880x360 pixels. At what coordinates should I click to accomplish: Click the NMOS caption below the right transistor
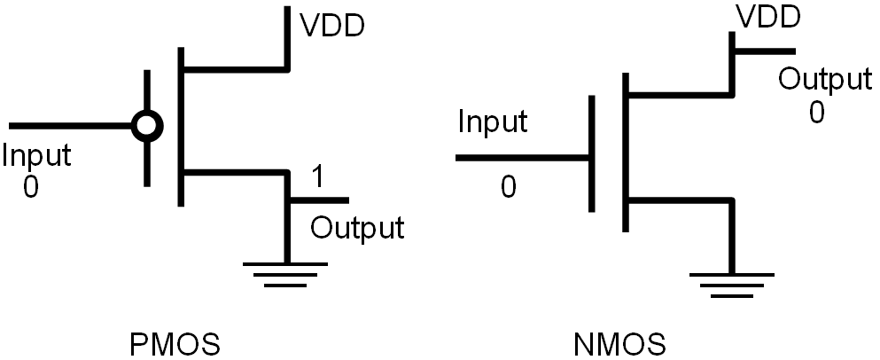pos(619,342)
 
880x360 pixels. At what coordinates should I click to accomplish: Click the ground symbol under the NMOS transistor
pos(730,281)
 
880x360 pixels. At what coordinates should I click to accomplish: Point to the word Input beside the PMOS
pos(36,157)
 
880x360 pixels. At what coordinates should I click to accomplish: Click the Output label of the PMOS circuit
pos(357,228)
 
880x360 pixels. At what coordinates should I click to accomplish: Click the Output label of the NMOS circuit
pos(824,80)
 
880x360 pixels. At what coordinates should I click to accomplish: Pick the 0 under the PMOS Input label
pos(30,187)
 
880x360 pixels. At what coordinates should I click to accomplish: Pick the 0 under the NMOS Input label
pos(508,187)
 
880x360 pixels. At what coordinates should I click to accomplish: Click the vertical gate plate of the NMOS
pos(591,156)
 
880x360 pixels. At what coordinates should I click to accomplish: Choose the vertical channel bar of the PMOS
pos(181,124)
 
